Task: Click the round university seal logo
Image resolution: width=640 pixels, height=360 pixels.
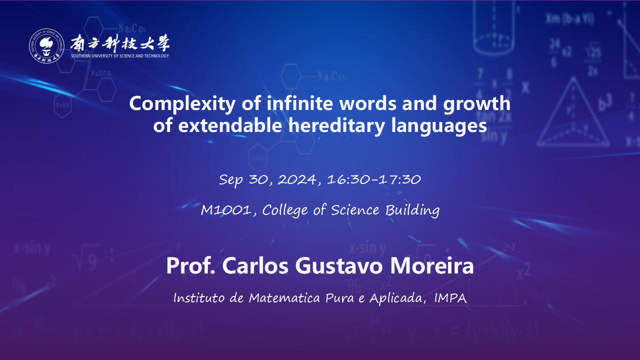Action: point(46,45)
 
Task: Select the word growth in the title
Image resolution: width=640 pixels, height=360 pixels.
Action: point(476,103)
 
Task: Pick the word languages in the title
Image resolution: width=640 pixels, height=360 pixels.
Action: point(439,126)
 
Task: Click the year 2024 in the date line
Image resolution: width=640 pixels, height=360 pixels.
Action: point(297,179)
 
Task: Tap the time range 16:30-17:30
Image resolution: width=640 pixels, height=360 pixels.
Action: point(374,179)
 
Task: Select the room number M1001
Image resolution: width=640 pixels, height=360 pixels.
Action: point(225,210)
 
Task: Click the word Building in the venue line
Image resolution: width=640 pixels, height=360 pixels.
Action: point(412,211)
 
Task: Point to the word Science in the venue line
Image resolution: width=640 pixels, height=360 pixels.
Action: point(355,210)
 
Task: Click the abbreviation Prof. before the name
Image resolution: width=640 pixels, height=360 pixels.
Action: point(190,266)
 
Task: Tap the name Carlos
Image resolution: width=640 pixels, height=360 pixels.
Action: point(255,266)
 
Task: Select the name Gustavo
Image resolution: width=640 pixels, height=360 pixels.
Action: point(339,266)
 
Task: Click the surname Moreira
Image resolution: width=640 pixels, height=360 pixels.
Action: point(431,266)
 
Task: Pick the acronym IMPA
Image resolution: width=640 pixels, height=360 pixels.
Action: point(450,298)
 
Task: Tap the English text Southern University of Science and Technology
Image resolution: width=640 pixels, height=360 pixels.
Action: point(120,56)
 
